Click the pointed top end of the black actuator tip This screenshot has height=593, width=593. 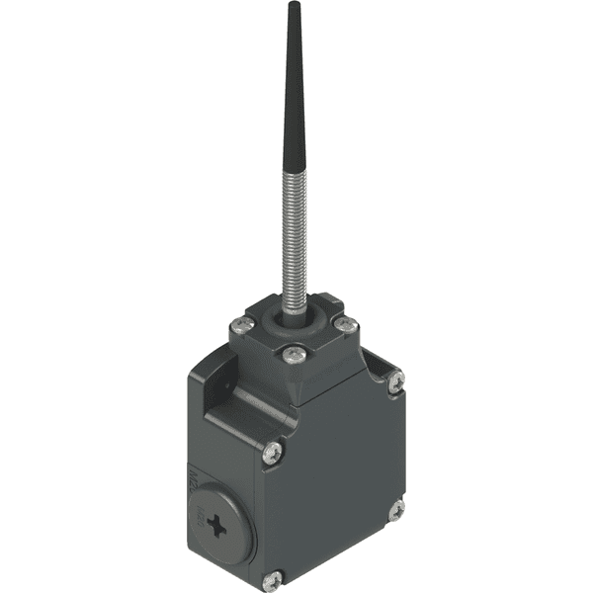(x=293, y=6)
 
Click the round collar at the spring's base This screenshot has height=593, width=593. (x=294, y=314)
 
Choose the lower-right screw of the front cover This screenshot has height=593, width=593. (x=395, y=510)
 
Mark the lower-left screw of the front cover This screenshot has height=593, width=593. (x=275, y=577)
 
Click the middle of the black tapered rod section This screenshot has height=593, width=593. (x=293, y=99)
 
